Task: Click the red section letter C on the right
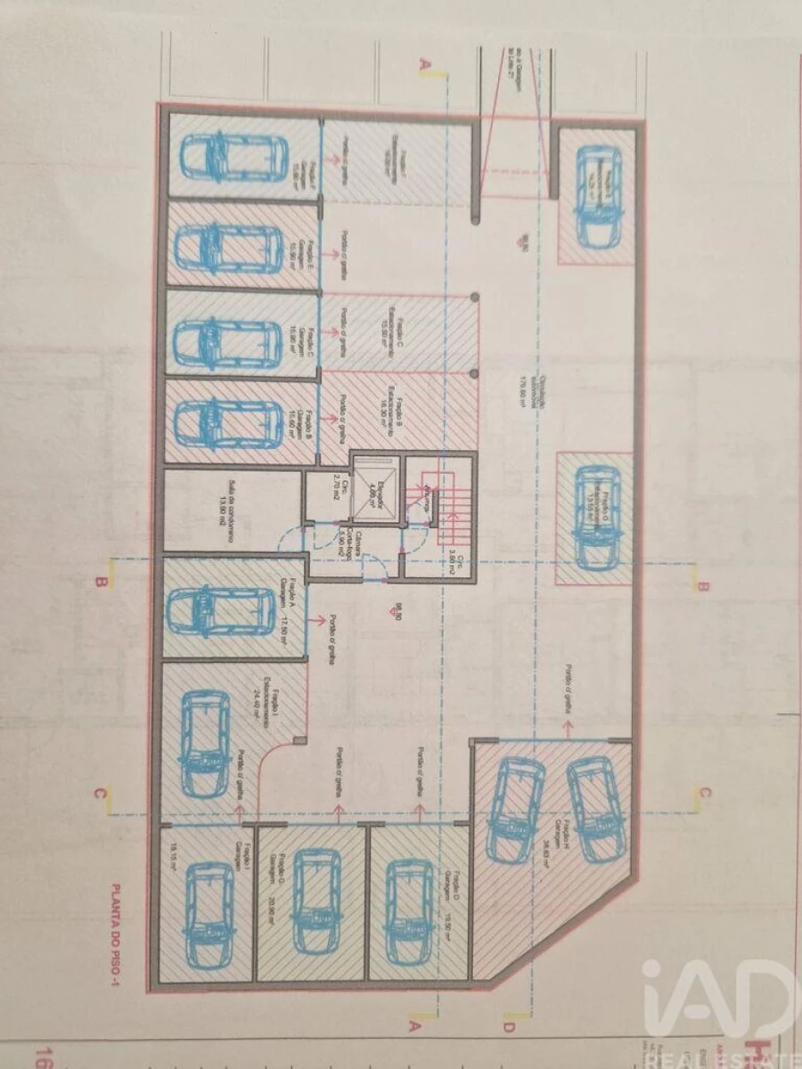tap(703, 791)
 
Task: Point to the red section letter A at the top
tap(426, 65)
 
